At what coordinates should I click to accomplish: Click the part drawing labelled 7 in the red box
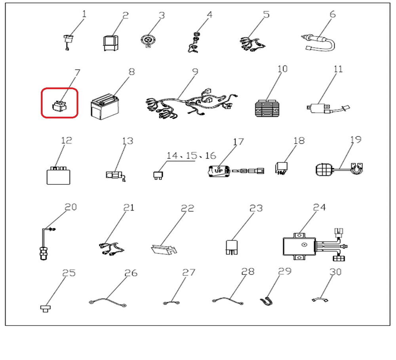click(x=60, y=106)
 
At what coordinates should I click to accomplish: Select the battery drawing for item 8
click(x=105, y=107)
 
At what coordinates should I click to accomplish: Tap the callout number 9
click(x=195, y=72)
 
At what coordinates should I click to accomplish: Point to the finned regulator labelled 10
click(x=268, y=108)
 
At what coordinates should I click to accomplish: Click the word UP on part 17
click(x=219, y=171)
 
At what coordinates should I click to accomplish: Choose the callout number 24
click(x=319, y=207)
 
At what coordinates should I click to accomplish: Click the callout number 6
click(x=333, y=14)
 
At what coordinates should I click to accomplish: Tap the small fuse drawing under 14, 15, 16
click(x=158, y=175)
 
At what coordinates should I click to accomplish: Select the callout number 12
click(x=67, y=140)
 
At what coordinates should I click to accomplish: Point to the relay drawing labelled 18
click(x=281, y=169)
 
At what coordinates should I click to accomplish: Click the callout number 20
click(x=70, y=207)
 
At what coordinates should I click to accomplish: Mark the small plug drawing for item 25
click(x=46, y=309)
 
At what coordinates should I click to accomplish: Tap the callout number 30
click(x=335, y=272)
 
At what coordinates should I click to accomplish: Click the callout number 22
click(x=188, y=208)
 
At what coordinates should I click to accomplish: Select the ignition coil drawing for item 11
click(x=328, y=109)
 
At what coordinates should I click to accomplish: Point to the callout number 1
click(x=84, y=13)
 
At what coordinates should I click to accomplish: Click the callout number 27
click(x=188, y=272)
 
